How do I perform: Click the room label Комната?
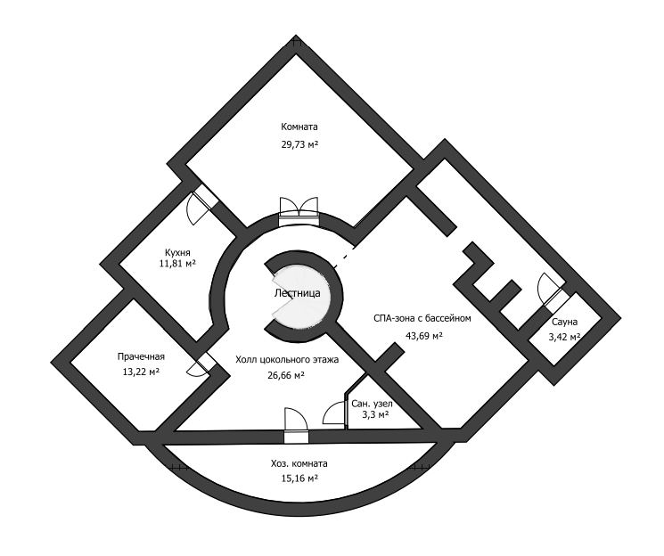299,127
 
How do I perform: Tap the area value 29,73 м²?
299,143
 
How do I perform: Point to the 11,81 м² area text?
177,264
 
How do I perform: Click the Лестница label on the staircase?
297,292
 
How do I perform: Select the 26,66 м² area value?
286,375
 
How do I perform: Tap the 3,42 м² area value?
564,337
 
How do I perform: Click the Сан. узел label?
372,403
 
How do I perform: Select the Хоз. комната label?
299,463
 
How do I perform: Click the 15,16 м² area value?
299,478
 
